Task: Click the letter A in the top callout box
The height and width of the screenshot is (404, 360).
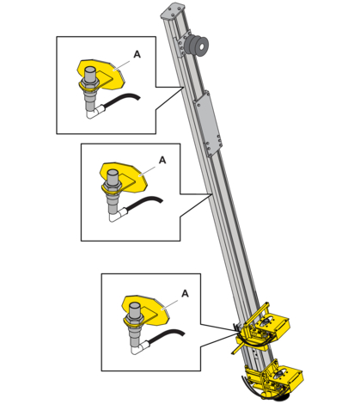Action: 137,54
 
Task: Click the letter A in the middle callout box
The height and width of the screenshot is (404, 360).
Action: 162,160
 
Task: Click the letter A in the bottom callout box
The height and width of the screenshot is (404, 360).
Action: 185,294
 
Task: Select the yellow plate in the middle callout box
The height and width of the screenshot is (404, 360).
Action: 135,178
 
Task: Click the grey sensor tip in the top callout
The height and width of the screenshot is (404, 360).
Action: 90,74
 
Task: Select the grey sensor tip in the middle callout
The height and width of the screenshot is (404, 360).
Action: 113,176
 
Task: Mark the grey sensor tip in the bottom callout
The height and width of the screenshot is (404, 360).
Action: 135,309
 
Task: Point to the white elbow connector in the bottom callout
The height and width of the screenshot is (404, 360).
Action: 140,348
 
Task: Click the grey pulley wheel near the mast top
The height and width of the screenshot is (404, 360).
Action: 198,45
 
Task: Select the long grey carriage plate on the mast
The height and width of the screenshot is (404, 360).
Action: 208,124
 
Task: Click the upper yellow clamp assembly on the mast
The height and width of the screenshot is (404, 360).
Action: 262,329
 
